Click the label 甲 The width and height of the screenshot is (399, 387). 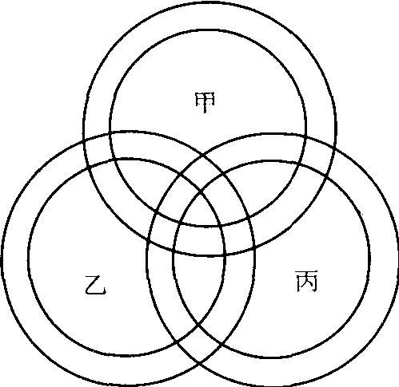point(205,102)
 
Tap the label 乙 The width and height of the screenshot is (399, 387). point(96,285)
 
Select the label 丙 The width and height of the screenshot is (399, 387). point(306,282)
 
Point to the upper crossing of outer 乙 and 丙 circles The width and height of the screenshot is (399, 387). point(203,154)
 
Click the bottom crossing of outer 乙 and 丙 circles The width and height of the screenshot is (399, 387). point(199,363)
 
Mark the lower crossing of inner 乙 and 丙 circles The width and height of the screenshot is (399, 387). point(198,324)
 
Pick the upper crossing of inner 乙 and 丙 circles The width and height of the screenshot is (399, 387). point(201,192)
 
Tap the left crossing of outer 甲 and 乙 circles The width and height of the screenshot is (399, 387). point(84,142)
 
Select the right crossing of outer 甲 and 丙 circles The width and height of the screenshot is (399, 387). point(334,146)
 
